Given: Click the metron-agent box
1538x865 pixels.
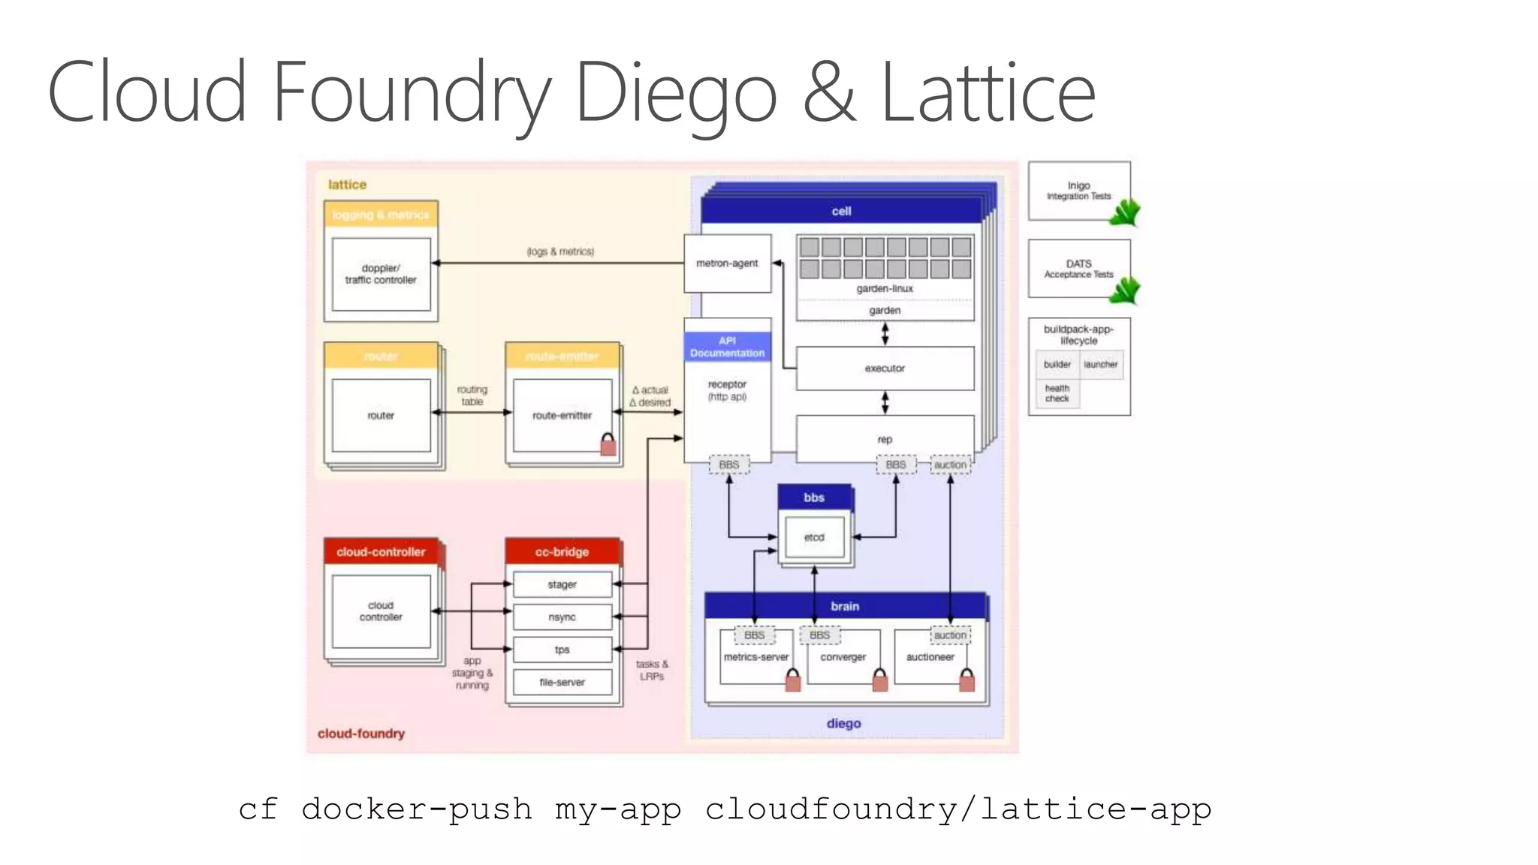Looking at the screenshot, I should (x=727, y=264).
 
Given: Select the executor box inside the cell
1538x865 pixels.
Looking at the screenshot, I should (x=885, y=368).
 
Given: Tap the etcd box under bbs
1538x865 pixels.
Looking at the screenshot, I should (x=814, y=538).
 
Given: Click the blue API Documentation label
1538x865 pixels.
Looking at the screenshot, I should (x=727, y=347).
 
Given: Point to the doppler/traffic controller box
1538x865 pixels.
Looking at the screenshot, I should (x=381, y=274).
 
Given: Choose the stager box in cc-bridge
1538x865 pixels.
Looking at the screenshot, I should (x=562, y=584).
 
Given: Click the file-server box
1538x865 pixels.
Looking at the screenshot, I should (x=562, y=683).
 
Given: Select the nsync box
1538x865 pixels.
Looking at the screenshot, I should (x=562, y=617).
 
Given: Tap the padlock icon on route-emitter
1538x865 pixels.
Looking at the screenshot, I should (x=608, y=445).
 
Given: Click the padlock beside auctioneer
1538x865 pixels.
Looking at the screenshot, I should (x=967, y=680).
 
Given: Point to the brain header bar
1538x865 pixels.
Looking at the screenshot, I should (x=845, y=606).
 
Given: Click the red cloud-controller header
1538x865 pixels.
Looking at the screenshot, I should (x=381, y=552).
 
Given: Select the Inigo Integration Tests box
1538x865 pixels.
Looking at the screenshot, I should (x=1078, y=191).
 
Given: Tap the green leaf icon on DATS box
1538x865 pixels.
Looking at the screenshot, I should (x=1124, y=290).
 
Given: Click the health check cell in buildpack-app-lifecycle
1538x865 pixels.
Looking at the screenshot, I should (x=1057, y=393).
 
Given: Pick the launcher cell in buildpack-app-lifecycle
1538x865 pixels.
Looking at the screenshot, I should (x=1101, y=365).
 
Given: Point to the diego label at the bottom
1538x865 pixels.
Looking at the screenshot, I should (x=843, y=723).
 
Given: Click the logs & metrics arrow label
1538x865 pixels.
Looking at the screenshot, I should (x=560, y=252).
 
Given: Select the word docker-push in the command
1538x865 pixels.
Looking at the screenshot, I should (x=417, y=809).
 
